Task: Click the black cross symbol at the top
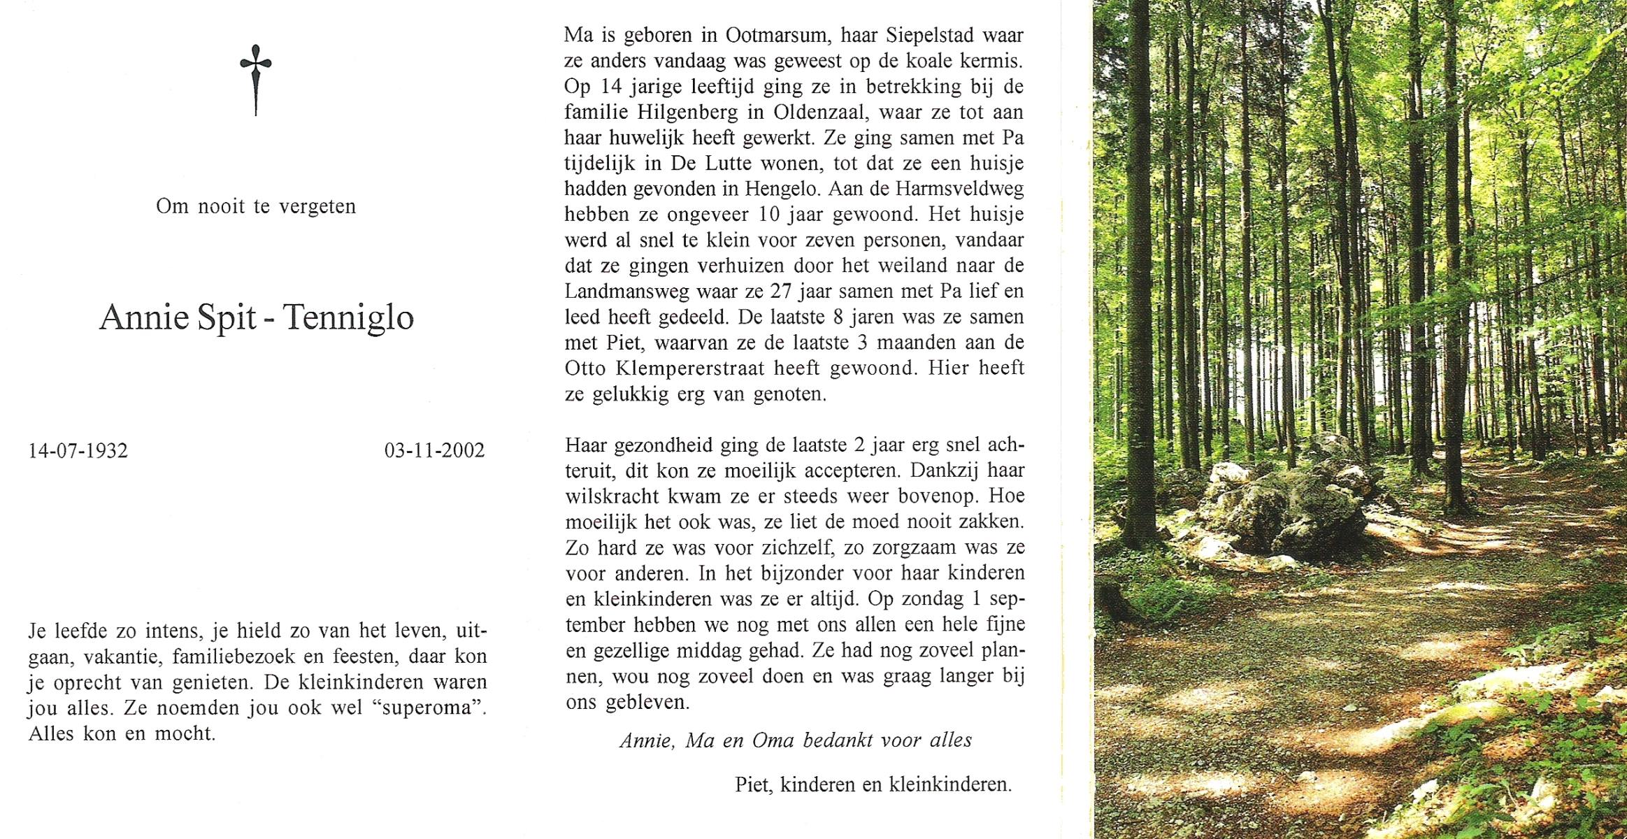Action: click(x=256, y=80)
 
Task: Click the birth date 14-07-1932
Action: click(x=78, y=450)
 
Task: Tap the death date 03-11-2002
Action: click(x=434, y=450)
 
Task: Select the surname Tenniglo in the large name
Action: click(x=349, y=318)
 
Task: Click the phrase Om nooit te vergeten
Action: click(x=256, y=207)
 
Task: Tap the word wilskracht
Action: click(x=612, y=496)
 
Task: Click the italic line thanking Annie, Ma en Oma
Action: click(x=796, y=740)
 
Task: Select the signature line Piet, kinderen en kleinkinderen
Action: click(x=873, y=784)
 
